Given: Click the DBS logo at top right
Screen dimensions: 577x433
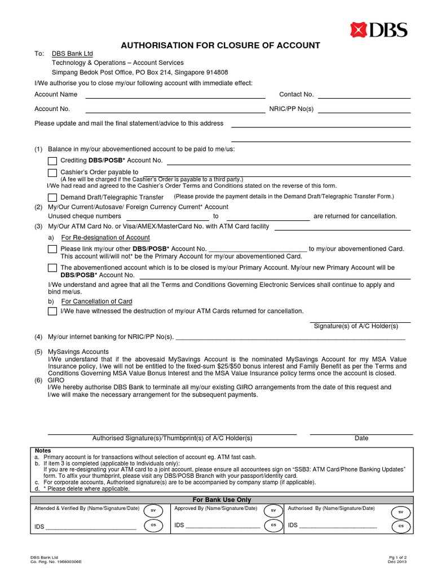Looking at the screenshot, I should [378, 29].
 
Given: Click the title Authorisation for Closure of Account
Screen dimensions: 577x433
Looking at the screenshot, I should [221, 45].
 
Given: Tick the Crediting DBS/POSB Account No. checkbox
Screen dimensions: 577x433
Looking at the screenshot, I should [52, 161].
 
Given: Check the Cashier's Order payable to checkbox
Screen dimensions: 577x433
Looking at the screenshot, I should [52, 172].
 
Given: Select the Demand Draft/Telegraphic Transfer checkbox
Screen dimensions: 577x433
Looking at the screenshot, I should [52, 197].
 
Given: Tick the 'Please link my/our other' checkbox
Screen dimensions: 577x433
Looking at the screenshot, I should [52, 249].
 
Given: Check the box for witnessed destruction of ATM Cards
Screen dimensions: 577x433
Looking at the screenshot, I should [52, 312].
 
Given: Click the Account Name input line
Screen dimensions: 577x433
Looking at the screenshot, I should [175, 95].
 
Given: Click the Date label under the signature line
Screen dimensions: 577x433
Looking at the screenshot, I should [361, 438].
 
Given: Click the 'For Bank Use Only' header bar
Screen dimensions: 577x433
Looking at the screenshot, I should [222, 500].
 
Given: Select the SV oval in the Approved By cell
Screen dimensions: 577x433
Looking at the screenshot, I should [273, 510].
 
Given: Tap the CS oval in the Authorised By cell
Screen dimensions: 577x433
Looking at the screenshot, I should [401, 525].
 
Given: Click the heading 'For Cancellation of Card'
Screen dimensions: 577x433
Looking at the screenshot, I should [96, 301].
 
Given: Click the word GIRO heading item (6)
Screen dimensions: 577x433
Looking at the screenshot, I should [56, 380].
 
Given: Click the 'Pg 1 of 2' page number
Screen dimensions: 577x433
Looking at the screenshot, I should [397, 557].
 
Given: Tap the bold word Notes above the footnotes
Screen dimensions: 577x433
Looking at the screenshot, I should [43, 451].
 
